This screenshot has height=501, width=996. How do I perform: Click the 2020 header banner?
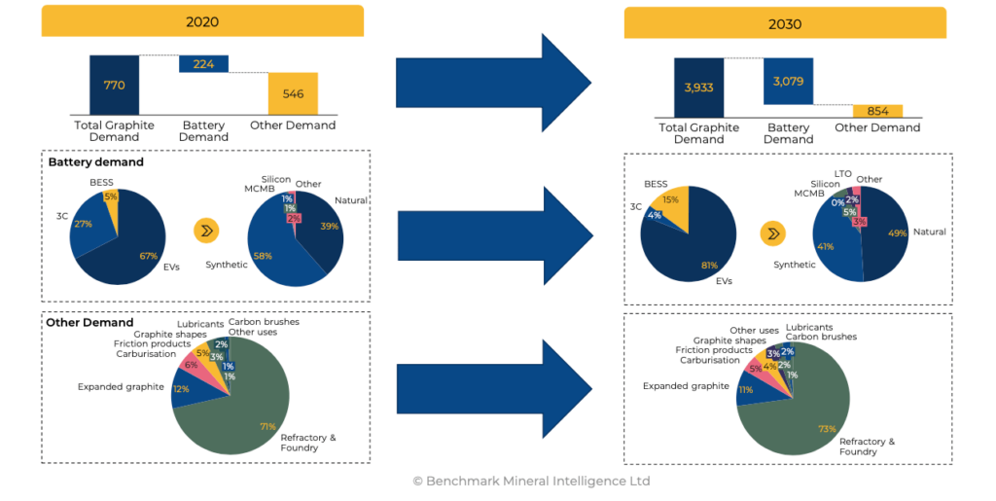[x=202, y=20]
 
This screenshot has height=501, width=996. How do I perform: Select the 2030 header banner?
[x=785, y=23]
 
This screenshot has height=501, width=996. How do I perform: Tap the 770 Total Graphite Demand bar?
[x=114, y=85]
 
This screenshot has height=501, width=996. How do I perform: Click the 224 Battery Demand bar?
[x=203, y=64]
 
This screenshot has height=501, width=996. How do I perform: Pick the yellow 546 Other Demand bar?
[x=293, y=95]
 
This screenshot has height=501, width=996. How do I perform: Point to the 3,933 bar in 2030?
[x=699, y=88]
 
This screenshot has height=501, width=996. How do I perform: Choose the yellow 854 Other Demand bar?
[x=877, y=111]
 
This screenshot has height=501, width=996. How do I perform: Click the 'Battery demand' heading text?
[x=96, y=162]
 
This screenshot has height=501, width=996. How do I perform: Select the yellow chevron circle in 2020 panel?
[x=206, y=231]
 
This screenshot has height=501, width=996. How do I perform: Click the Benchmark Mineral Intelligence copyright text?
[x=530, y=481]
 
